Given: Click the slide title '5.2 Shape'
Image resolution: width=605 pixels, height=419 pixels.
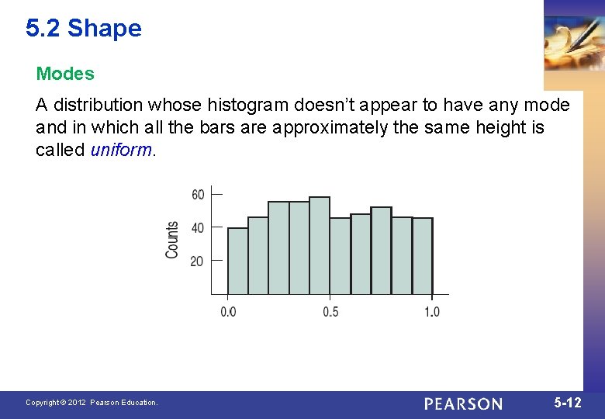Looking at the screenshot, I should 83,29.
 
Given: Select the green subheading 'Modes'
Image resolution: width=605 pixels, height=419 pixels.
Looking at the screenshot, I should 65,74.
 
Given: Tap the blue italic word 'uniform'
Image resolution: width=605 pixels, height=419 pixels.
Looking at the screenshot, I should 122,150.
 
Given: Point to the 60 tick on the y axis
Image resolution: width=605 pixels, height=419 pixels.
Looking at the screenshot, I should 199,194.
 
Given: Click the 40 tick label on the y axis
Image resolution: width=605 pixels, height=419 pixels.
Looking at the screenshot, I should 199,227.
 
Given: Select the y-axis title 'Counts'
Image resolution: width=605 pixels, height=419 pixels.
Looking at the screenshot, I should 172,240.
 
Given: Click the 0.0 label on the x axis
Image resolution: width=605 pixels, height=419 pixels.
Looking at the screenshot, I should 228,312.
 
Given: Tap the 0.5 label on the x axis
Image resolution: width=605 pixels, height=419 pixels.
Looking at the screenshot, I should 330,312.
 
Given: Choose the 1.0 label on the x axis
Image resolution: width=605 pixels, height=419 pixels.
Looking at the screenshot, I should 432,312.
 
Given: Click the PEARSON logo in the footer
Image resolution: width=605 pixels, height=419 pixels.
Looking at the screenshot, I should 463,403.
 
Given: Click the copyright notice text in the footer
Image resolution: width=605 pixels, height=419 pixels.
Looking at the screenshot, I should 92,403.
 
